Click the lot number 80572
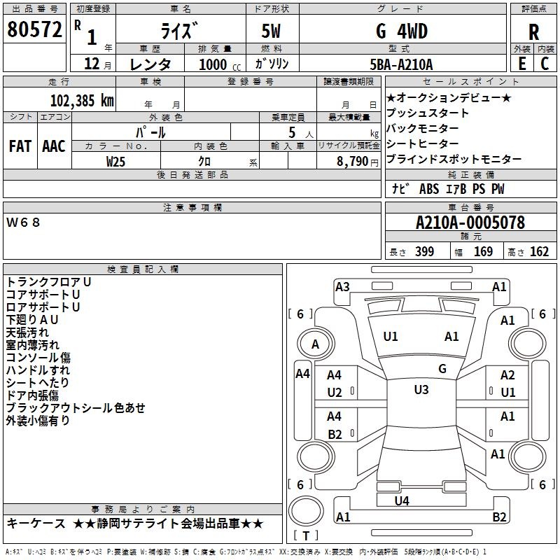pyautogui.click(x=34, y=29)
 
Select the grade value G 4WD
pyautogui.click(x=401, y=31)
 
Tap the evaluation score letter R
pyautogui.click(x=534, y=32)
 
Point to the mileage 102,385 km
pyautogui.click(x=83, y=100)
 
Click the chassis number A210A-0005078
pyautogui.click(x=470, y=223)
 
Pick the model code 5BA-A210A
pyautogui.click(x=401, y=64)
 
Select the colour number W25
pyautogui.click(x=116, y=161)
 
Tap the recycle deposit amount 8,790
pyautogui.click(x=354, y=161)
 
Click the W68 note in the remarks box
pyautogui.click(x=24, y=223)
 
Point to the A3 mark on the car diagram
pyautogui.click(x=342, y=286)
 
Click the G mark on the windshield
pyautogui.click(x=442, y=368)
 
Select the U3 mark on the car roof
pyautogui.click(x=421, y=390)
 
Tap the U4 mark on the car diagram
pyautogui.click(x=401, y=500)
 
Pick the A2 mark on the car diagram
pyautogui.click(x=507, y=376)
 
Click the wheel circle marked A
pyautogui.click(x=315, y=344)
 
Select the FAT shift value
pyautogui.click(x=20, y=146)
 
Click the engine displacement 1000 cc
pyautogui.click(x=218, y=64)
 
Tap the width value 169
pyautogui.click(x=483, y=252)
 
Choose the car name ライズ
pyautogui.click(x=180, y=31)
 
